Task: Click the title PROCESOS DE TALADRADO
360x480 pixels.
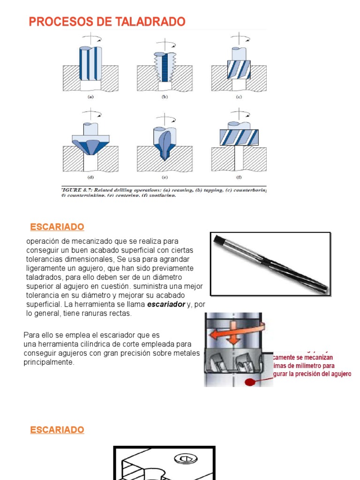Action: [x=107, y=22]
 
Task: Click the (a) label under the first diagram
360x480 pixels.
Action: [x=90, y=97]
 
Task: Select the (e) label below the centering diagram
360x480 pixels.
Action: [x=165, y=178]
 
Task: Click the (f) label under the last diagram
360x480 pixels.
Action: [x=239, y=178]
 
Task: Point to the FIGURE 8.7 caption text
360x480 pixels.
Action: [x=164, y=192]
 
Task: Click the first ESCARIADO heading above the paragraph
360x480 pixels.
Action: [x=57, y=227]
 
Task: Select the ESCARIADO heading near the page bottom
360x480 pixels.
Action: [x=57, y=430]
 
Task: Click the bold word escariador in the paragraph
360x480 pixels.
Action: [x=166, y=305]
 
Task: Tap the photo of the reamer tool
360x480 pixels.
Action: [x=270, y=264]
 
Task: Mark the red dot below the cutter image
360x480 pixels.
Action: [x=251, y=382]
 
